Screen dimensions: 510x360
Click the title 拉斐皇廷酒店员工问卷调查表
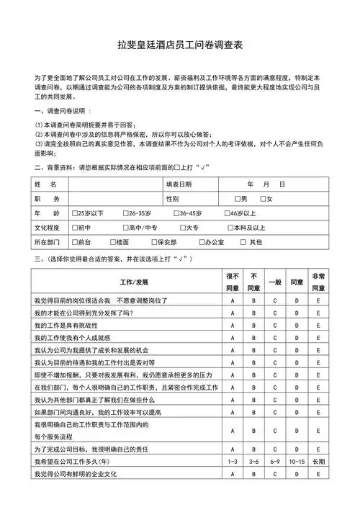click(180, 45)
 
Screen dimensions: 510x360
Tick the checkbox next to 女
click(264, 199)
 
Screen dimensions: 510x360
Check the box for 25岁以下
click(76, 213)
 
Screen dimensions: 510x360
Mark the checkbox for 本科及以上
click(228, 228)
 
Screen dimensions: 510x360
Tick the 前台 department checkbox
click(76, 242)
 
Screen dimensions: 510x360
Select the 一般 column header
click(274, 282)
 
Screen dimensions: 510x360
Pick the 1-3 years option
click(233, 461)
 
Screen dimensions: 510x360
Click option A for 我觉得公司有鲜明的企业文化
click(233, 475)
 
